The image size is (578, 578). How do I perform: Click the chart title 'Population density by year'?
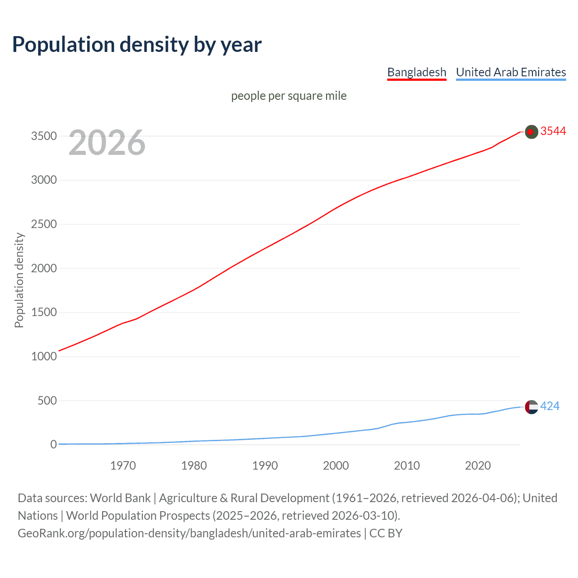coord(137,45)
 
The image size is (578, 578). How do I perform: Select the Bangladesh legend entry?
coord(416,72)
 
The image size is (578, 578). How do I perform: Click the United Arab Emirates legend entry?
coord(511,72)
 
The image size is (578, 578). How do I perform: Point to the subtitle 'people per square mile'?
coord(289,96)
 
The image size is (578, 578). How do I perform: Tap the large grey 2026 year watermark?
coord(107,143)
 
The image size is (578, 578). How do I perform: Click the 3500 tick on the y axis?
coord(44,136)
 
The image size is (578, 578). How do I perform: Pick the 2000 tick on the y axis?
coord(44,268)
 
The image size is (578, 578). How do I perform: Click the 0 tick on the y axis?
coord(54,444)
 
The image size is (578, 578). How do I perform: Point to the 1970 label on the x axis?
coord(123,466)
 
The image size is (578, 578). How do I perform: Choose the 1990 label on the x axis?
coord(265,466)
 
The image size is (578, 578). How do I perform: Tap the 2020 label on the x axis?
coord(478,466)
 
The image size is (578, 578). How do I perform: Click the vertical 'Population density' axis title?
coord(19,280)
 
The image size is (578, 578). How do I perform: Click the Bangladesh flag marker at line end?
coord(531,131)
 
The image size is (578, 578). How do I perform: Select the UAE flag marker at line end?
coord(531,407)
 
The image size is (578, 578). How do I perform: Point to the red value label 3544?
coord(553,131)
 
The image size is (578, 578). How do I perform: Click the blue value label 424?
coord(550,406)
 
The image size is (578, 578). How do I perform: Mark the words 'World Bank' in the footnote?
coord(120,498)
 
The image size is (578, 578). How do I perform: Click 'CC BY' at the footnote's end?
coord(386,533)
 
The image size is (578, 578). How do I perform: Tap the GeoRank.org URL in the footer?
coord(189,533)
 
